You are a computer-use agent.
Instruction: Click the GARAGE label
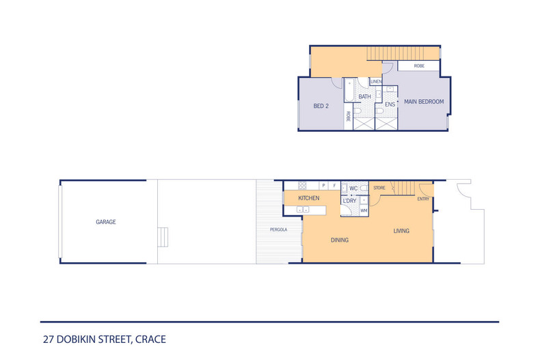click(x=105, y=222)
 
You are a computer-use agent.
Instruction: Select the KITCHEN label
click(x=309, y=198)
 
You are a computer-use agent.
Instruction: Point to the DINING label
click(x=340, y=240)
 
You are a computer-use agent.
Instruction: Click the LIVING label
click(x=401, y=231)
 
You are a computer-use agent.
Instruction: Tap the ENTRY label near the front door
click(x=423, y=199)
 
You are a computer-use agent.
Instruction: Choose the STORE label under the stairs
click(x=379, y=187)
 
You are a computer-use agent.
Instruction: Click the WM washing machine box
click(x=364, y=211)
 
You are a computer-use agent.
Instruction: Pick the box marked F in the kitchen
click(x=334, y=185)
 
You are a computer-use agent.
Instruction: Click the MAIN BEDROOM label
click(x=424, y=102)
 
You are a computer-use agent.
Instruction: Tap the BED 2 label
click(x=321, y=106)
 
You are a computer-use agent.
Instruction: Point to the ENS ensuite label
click(x=390, y=104)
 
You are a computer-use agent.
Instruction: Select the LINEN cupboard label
click(x=376, y=82)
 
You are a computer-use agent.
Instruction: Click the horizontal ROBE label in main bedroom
click(x=419, y=66)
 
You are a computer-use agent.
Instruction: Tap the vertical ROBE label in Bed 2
click(x=348, y=116)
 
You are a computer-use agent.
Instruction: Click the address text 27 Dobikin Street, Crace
click(x=103, y=339)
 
